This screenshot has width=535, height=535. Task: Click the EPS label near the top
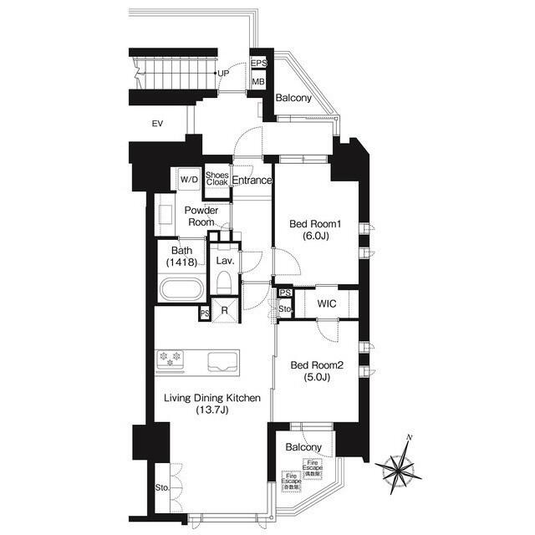tap(259, 64)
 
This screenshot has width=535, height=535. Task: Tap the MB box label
tap(259, 82)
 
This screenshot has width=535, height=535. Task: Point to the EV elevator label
tap(156, 124)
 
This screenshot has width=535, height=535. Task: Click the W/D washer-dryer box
tap(188, 179)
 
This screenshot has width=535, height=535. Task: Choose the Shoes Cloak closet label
tap(217, 179)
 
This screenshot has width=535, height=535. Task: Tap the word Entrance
tap(252, 180)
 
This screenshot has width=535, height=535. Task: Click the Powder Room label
tap(201, 217)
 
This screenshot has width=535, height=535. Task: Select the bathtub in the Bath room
tap(181, 292)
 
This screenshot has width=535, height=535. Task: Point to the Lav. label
tap(224, 261)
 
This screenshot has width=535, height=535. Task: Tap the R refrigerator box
tap(225, 311)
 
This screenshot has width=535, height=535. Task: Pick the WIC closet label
tap(327, 303)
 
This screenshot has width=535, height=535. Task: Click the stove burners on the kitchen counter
tap(171, 359)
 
